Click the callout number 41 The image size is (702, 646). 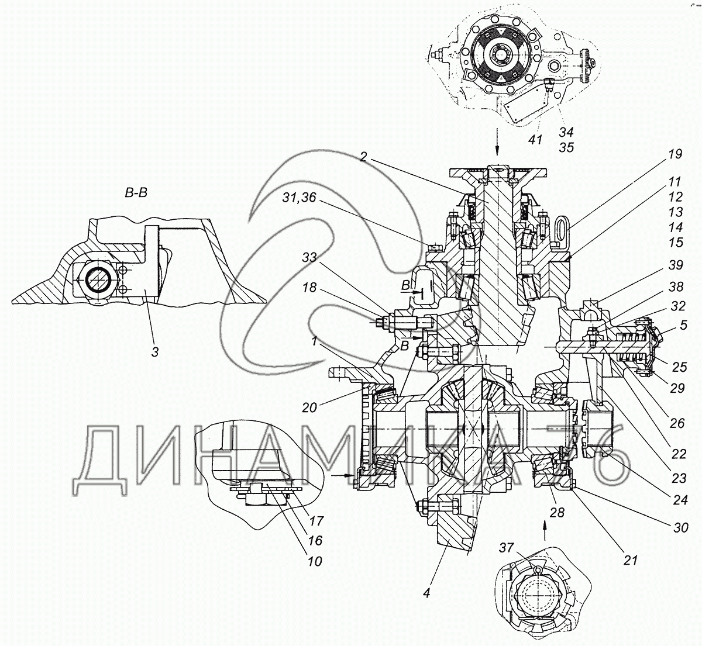click(535, 140)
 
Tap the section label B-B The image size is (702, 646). click(136, 193)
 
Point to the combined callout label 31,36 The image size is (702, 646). click(299, 198)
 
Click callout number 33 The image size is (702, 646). click(309, 258)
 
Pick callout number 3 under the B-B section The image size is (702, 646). click(155, 352)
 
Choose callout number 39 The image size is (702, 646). click(675, 265)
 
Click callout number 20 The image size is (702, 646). click(309, 407)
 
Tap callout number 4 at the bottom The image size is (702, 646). click(426, 593)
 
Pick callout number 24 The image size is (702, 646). click(680, 500)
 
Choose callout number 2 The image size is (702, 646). click(364, 157)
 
